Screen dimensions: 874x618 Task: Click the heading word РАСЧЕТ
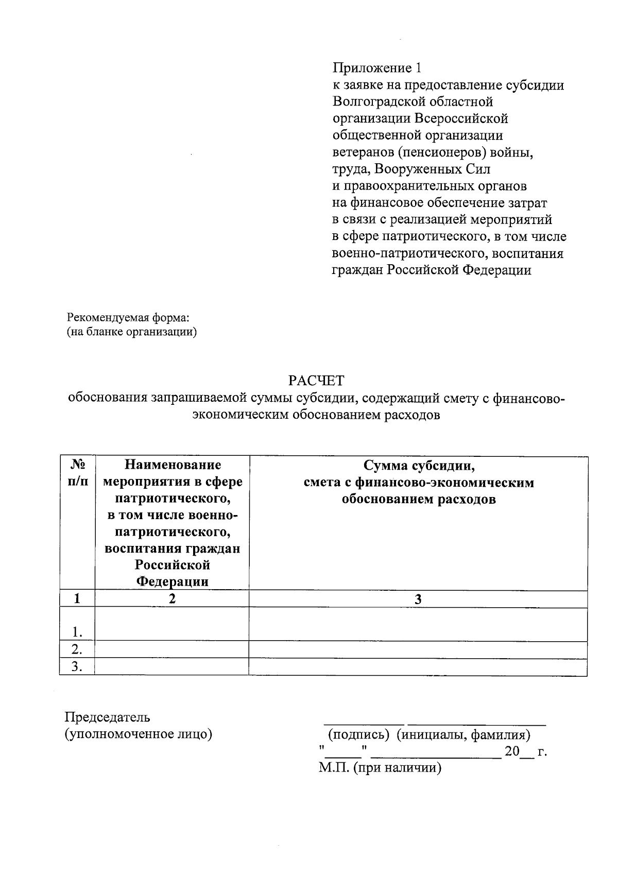316,381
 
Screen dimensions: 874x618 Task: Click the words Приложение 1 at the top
377,68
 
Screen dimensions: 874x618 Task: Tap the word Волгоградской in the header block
378,101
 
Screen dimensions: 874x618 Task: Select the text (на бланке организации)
132,332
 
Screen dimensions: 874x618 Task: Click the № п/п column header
77,473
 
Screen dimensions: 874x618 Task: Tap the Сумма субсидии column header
418,482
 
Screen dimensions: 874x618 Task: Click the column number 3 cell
418,599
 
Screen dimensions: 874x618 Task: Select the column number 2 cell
172,598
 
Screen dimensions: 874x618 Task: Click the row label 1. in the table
77,631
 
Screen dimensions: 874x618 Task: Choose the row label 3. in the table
77,666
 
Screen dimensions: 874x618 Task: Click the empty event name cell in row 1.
172,624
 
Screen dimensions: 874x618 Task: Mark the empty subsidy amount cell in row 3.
418,666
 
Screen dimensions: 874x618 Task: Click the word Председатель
107,717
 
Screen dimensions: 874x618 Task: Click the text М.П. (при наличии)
380,768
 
